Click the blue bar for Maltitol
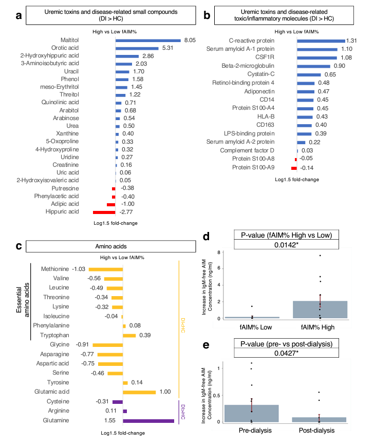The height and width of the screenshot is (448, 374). pos(148,40)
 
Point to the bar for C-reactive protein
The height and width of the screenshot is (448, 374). pos(321,40)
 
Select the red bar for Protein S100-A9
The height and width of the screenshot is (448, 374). pos(294,168)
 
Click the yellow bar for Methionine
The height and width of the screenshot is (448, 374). pos(105,269)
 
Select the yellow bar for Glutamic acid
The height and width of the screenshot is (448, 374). pos(139,392)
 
